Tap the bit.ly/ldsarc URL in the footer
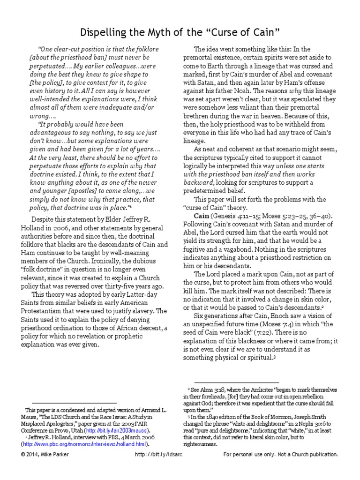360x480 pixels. coord(164,455)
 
